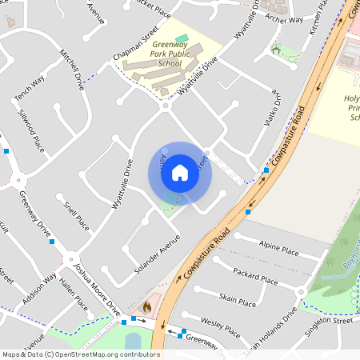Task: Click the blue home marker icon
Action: point(179,173)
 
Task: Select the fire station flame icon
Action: point(146,306)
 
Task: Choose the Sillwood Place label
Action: point(30,131)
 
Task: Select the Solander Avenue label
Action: point(158,254)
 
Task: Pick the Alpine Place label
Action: point(279,247)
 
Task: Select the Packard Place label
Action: point(257,277)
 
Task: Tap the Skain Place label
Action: point(238,299)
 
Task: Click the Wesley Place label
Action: point(221,326)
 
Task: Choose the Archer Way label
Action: point(285,18)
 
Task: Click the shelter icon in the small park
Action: point(276,50)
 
